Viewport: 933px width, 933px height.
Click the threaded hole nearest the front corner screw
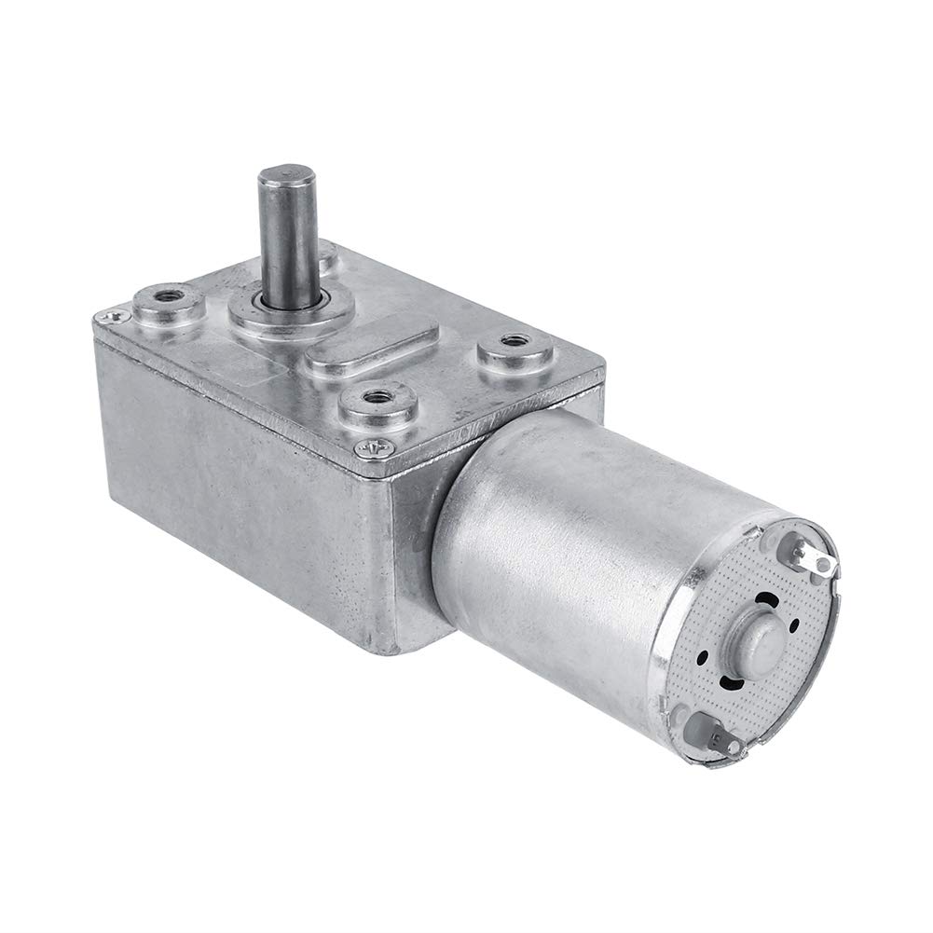click(377, 398)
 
